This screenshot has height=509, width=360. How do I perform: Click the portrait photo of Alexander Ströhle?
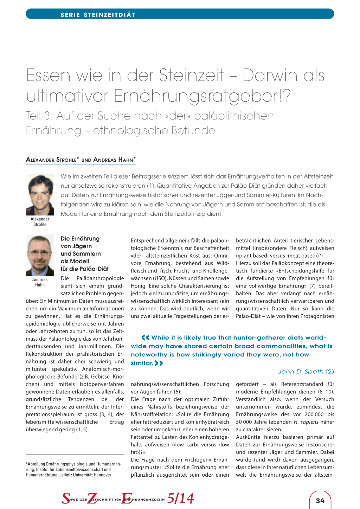point(40,195)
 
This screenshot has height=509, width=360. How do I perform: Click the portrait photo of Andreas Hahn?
point(40,255)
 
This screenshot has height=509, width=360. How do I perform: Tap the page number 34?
point(320,501)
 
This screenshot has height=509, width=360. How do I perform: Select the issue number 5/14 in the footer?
point(180,498)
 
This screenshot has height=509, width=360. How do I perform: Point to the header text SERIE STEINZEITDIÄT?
point(98,14)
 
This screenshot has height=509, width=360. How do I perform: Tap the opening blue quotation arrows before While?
point(145,337)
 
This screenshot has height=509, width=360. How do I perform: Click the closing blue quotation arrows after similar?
point(159,363)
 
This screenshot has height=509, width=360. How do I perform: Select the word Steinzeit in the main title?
point(191,75)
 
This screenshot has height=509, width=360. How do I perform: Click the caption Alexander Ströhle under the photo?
point(40,221)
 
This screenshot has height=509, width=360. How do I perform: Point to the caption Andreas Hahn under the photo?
point(40,282)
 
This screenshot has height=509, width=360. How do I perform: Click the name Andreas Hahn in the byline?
point(115,160)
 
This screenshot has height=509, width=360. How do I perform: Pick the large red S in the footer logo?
point(66,498)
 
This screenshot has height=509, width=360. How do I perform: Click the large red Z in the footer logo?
point(92,498)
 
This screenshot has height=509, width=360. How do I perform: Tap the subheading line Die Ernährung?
point(80,239)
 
